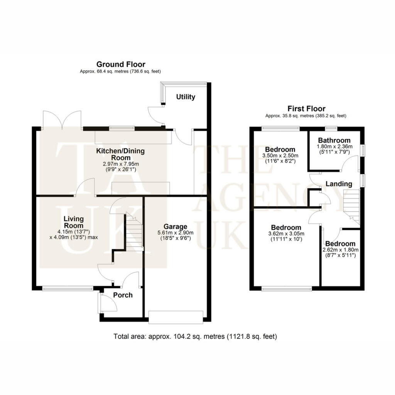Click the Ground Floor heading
point(121,64)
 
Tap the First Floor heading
point(306,108)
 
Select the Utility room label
point(186,97)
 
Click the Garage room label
point(176,226)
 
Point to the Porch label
point(123,295)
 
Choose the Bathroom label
point(334,140)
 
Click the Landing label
point(339,184)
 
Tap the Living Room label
point(74,222)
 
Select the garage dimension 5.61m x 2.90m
point(176,233)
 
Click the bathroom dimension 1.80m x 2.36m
point(334,146)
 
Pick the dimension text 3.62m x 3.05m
point(286,233)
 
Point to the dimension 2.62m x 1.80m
point(340,250)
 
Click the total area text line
point(195,336)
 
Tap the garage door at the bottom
point(176,317)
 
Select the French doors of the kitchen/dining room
point(62,120)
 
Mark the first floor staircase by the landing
point(351,207)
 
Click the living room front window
point(68,288)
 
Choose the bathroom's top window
point(331,128)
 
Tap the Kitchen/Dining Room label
point(121,154)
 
